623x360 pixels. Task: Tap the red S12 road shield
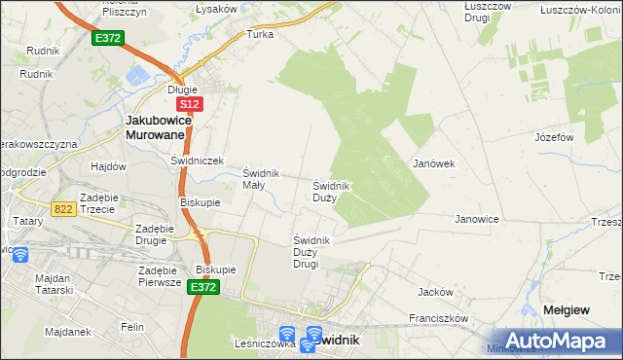(189, 103)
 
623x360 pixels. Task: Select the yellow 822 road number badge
(64, 208)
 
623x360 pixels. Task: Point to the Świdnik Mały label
(261, 179)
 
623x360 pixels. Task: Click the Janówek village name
(434, 163)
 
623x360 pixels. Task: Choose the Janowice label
(477, 220)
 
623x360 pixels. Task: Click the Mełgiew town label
(565, 309)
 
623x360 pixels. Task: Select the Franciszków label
(440, 318)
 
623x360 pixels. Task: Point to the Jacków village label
(435, 291)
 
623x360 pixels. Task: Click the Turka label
(260, 34)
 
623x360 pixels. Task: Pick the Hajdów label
(108, 166)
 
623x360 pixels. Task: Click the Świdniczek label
(198, 161)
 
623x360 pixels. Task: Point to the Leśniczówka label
(265, 343)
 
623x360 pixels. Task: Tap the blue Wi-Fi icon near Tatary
(19, 255)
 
